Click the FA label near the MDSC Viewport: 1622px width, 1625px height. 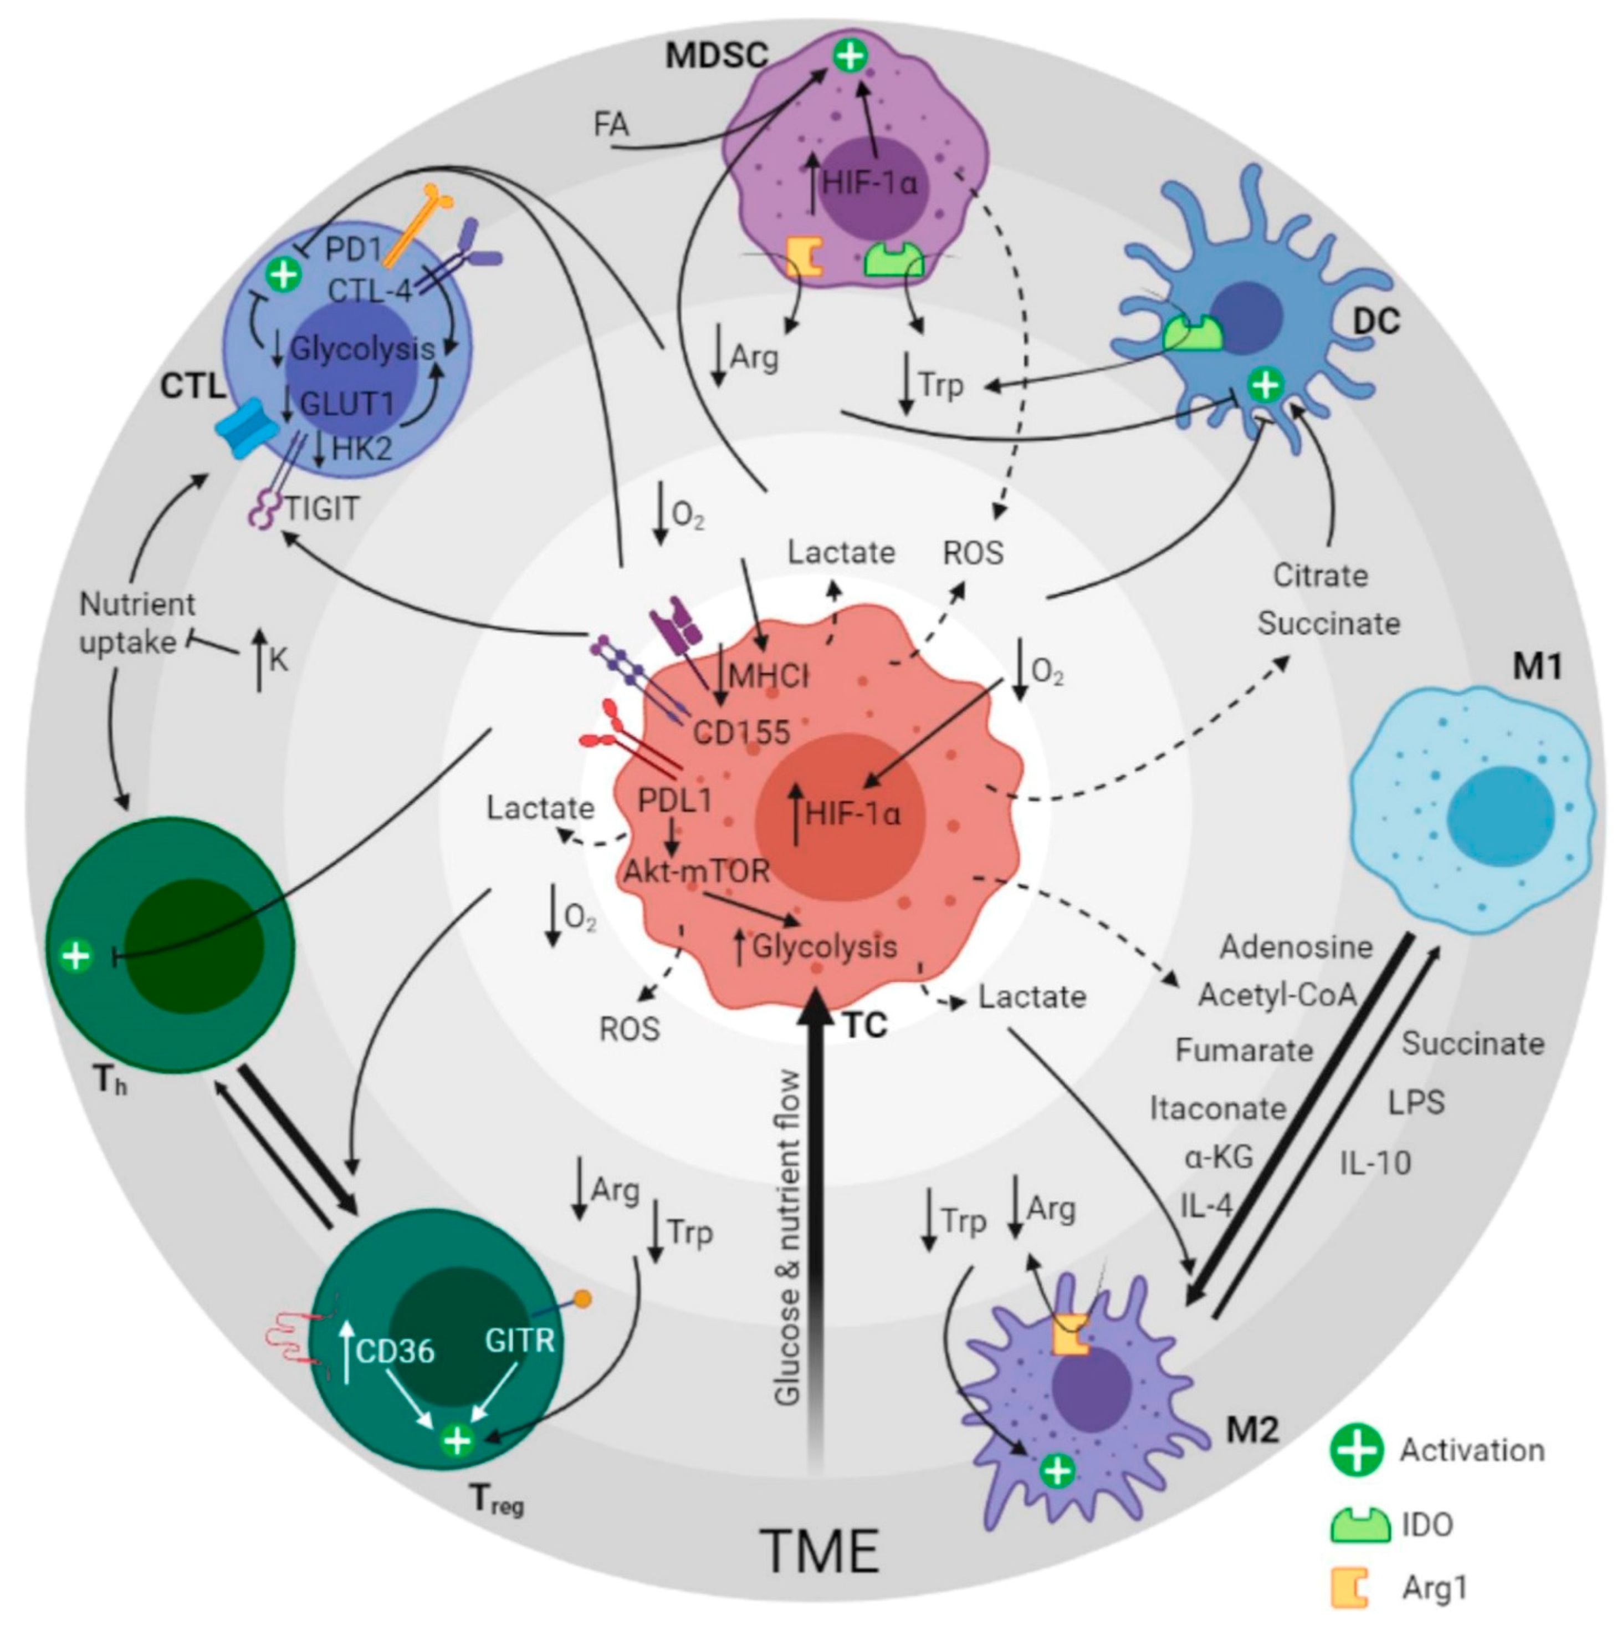[611, 125]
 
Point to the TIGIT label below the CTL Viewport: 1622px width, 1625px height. [322, 508]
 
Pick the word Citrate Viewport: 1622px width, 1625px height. [1320, 575]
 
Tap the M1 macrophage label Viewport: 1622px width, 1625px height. [1537, 667]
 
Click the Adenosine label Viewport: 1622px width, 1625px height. [1296, 947]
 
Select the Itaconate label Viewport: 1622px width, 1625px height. [1217, 1109]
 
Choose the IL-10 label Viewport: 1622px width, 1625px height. [1375, 1163]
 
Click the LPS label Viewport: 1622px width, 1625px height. [1416, 1102]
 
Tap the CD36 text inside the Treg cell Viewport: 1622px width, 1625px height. [395, 1351]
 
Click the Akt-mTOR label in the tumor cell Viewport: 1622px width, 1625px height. [696, 870]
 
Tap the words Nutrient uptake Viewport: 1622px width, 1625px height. [137, 623]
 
